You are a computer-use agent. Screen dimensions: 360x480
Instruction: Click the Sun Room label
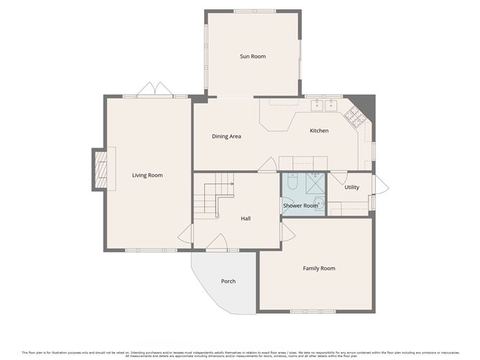tap(252, 56)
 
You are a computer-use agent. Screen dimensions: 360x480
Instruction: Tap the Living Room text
tap(147, 175)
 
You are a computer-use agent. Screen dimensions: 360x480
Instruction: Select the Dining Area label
tap(226, 136)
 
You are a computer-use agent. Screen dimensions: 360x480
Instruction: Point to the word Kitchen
tap(319, 131)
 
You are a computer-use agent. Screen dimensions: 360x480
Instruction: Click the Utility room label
tap(351, 187)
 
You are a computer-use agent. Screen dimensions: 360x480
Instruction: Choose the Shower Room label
tap(300, 206)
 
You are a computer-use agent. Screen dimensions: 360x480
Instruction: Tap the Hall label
tap(246, 218)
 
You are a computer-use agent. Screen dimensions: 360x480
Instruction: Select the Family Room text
tap(318, 268)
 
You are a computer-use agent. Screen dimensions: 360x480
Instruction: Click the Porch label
tap(228, 281)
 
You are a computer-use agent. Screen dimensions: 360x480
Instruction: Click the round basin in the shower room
tap(319, 205)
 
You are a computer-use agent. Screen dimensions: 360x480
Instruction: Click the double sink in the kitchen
tap(324, 106)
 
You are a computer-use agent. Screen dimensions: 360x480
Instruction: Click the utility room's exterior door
tap(381, 185)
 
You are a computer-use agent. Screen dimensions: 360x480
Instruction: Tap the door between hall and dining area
tap(267, 167)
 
